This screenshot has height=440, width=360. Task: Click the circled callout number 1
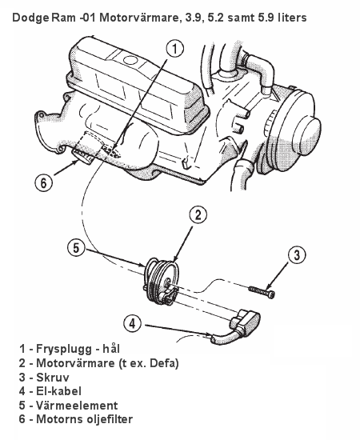[x=174, y=49]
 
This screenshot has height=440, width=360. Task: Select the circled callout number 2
[x=198, y=215]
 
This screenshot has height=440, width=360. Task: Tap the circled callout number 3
[x=297, y=254]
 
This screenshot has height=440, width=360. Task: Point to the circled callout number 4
[x=133, y=324]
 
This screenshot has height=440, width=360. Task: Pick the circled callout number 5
[x=76, y=248]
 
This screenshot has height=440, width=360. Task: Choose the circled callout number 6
[x=44, y=183]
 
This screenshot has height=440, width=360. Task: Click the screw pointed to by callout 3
[x=262, y=292]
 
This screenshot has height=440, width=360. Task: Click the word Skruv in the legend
[x=53, y=377]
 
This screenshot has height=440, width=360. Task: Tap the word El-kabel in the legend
[x=59, y=391]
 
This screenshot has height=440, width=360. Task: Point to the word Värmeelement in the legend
[x=77, y=406]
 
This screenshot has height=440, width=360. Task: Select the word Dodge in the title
[x=30, y=18]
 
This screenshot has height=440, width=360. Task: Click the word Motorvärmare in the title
[x=139, y=18]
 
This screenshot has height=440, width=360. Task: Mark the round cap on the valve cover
[x=130, y=60]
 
